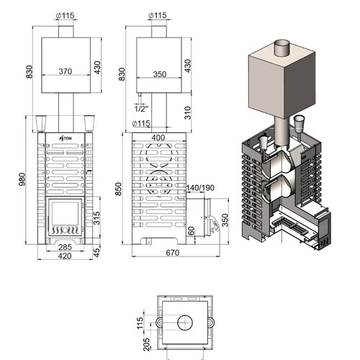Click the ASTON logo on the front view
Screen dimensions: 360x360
pyautogui.click(x=65, y=138)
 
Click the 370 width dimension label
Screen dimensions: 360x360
pyautogui.click(x=66, y=71)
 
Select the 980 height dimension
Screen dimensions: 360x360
pyautogui.click(x=22, y=179)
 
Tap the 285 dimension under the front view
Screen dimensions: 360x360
pyautogui.click(x=65, y=247)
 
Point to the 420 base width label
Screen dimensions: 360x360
pyautogui.click(x=65, y=256)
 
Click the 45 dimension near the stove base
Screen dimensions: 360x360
pyautogui.click(x=96, y=252)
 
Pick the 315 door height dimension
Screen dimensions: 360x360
pyautogui.click(x=96, y=218)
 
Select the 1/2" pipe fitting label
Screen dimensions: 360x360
pyautogui.click(x=141, y=109)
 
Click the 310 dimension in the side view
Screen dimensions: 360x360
pyautogui.click(x=188, y=113)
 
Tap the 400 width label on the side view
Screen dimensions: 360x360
pyautogui.click(x=158, y=138)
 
